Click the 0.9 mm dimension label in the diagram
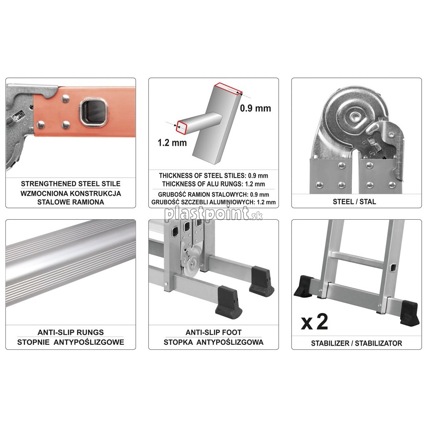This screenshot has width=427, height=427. (x=256, y=108)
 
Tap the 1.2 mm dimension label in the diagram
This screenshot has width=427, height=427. (x=172, y=143)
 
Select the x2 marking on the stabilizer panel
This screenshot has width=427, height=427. (x=314, y=322)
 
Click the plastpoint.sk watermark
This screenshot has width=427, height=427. (x=213, y=214)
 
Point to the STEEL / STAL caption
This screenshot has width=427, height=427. (x=354, y=202)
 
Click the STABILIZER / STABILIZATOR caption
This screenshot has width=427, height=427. (x=357, y=343)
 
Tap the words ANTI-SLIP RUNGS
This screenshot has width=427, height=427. (x=70, y=332)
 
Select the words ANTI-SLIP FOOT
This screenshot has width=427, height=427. (x=213, y=332)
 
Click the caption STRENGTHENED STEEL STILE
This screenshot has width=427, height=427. (x=70, y=184)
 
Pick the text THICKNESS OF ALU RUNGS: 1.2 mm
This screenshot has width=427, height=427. (x=213, y=184)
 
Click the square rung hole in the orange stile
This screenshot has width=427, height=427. (x=93, y=113)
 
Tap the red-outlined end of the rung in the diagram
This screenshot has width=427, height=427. (x=182, y=127)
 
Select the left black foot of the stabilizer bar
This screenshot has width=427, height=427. (x=304, y=286)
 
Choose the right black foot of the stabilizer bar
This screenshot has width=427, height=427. (x=410, y=313)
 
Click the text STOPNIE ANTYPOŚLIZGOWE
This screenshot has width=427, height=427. (x=70, y=342)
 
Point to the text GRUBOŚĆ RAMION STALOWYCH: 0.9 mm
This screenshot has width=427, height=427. (x=213, y=194)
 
